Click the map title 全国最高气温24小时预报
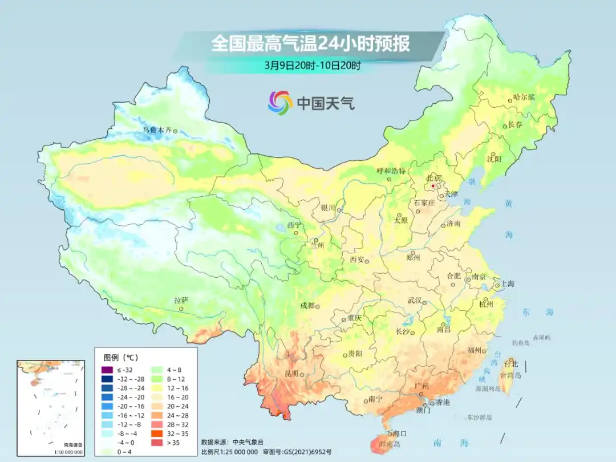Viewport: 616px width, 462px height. (310, 43)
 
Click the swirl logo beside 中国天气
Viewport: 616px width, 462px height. (280, 103)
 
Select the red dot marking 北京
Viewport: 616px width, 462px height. (433, 185)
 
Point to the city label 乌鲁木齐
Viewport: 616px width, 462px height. (156, 130)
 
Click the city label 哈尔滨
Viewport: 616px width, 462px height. (524, 98)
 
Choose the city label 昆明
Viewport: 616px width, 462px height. (291, 374)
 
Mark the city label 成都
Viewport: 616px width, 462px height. (307, 306)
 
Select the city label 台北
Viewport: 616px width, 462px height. (510, 363)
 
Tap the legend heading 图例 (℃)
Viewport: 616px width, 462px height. (120, 358)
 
